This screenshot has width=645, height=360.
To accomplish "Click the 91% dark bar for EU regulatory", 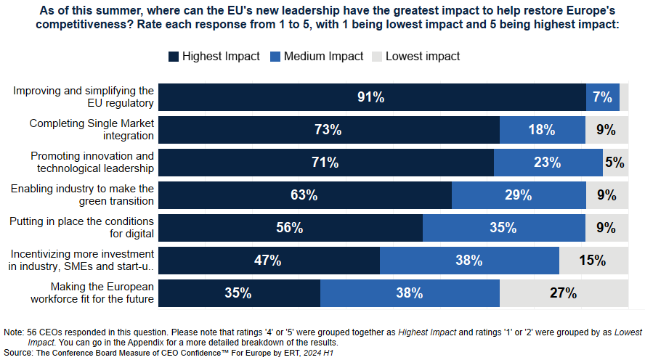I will [x=371, y=97].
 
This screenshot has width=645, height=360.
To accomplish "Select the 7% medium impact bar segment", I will [x=602, y=97].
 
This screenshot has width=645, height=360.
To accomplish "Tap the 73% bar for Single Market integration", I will [x=328, y=130].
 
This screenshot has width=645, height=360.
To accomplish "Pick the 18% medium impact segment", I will [x=542, y=130].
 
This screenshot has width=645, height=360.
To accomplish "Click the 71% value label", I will [x=325, y=163].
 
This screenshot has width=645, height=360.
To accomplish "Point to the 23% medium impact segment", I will [x=548, y=163].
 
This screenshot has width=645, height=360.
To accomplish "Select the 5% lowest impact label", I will [x=614, y=163].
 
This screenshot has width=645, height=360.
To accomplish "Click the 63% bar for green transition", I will [x=304, y=195].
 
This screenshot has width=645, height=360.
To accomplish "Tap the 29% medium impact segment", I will [x=518, y=195].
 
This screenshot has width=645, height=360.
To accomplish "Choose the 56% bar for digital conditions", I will [x=290, y=228].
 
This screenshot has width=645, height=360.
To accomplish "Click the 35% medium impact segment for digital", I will [x=503, y=228].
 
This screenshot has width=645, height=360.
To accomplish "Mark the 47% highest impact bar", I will [x=268, y=261].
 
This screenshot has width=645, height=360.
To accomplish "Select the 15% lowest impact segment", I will [x=593, y=261].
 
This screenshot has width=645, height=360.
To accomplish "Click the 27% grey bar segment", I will [x=563, y=293].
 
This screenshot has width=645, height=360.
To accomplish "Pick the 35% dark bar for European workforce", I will [x=238, y=293].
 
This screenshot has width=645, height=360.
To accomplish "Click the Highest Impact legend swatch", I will [x=173, y=57].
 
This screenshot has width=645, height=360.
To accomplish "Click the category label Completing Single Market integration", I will [x=92, y=129].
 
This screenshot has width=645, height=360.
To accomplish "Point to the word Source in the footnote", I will [x=17, y=352].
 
